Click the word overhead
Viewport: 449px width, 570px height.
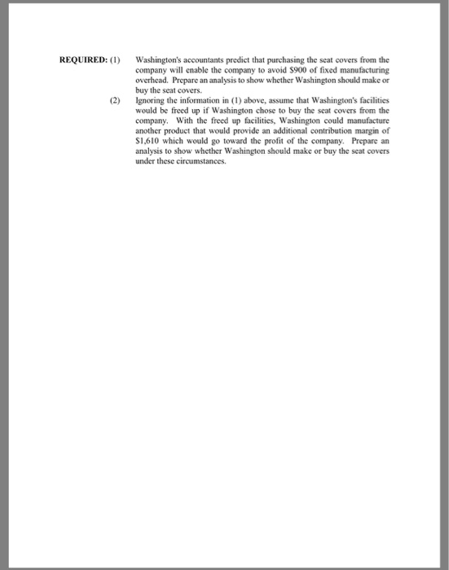[152, 81]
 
